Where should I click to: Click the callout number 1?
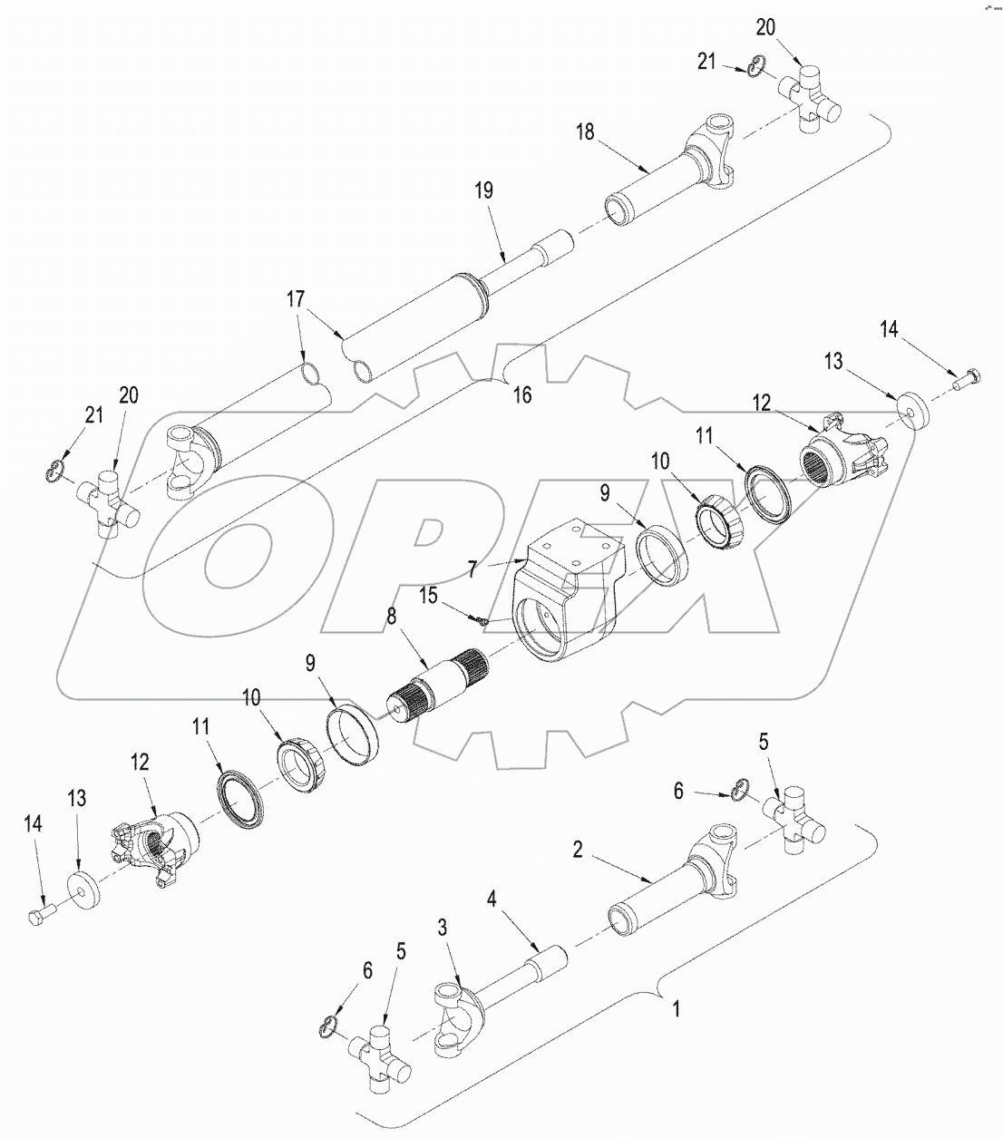pyautogui.click(x=674, y=1007)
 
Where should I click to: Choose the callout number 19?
pyautogui.click(x=483, y=190)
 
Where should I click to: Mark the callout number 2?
pyautogui.click(x=577, y=849)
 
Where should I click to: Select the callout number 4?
pyautogui.click(x=492, y=900)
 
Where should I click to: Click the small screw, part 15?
pyautogui.click(x=482, y=620)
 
